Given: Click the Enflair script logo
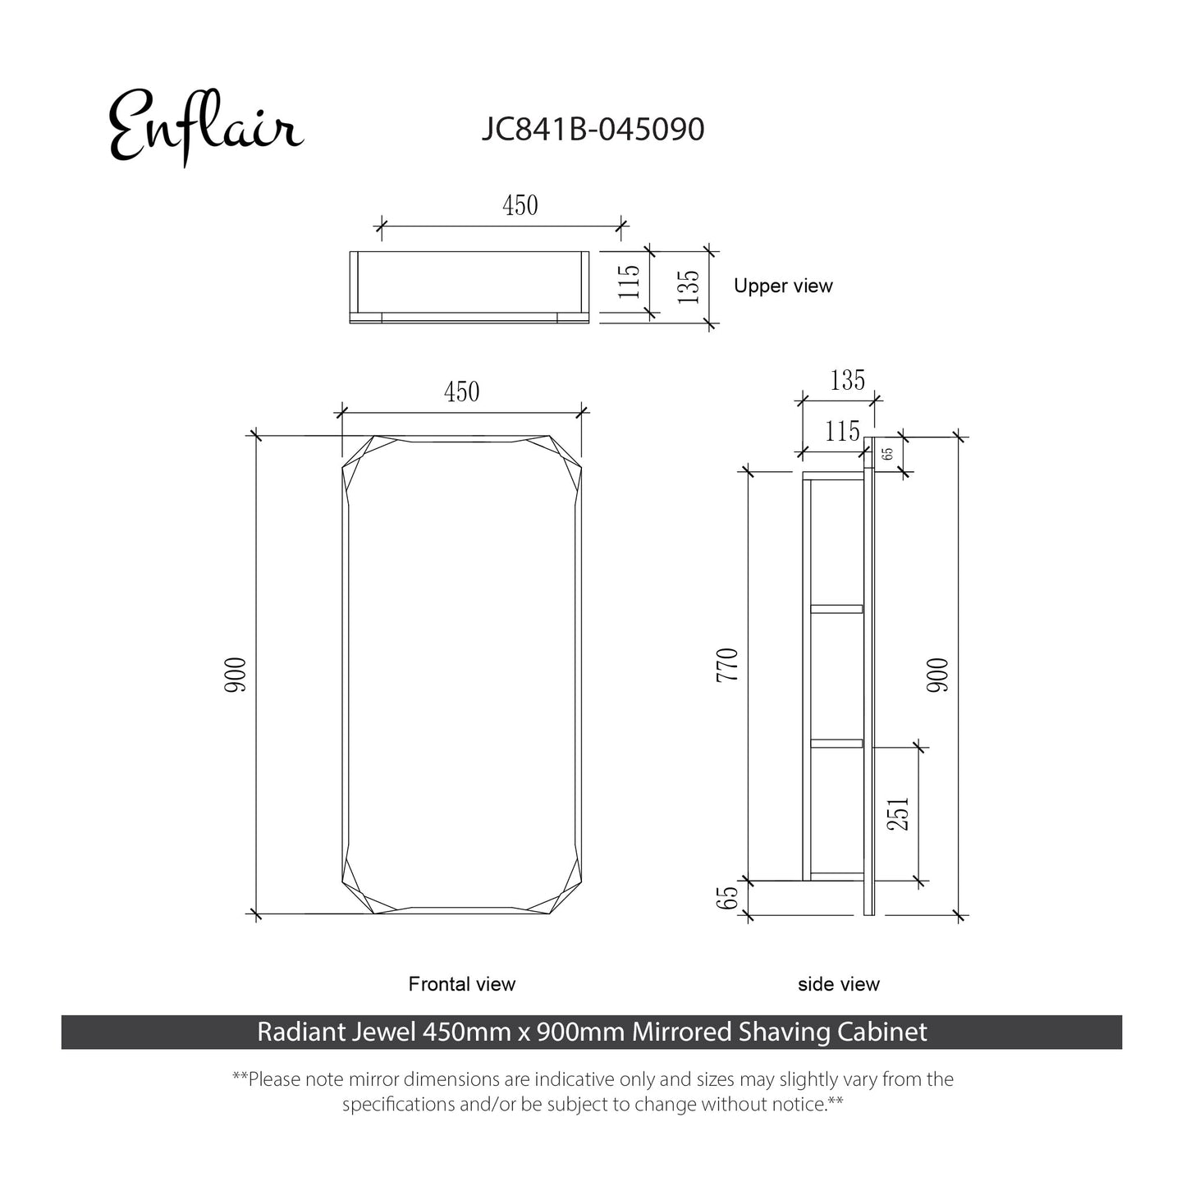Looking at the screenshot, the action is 206,126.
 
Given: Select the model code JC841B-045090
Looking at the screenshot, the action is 593,129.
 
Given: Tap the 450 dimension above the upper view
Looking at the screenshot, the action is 520,205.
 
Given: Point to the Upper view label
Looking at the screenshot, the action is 783,286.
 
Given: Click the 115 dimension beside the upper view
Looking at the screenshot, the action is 629,282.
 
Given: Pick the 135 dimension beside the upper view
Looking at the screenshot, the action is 688,286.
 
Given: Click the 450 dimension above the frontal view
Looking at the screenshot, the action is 461,392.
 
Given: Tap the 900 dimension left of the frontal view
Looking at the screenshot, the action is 235,675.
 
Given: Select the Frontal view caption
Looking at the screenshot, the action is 461,984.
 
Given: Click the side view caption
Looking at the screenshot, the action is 838,984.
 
